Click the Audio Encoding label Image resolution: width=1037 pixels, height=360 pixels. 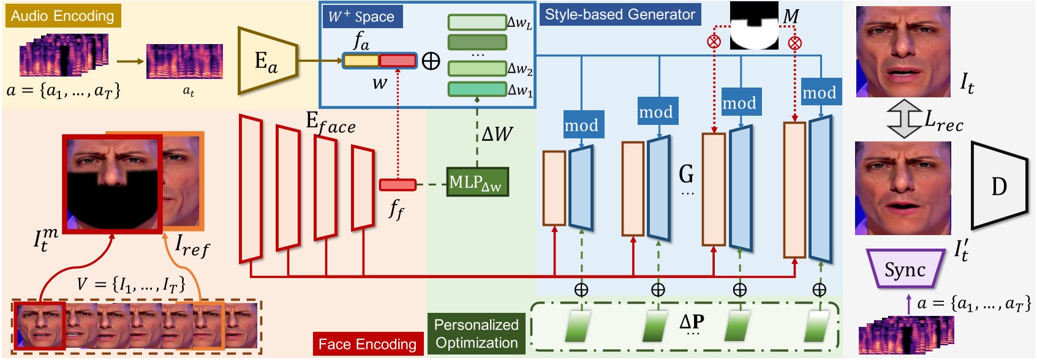62,16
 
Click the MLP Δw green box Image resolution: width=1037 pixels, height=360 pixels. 477,182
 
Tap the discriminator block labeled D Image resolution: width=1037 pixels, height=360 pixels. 998,186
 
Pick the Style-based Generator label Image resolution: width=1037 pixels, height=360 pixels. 620,15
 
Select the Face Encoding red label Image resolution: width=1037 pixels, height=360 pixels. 368,344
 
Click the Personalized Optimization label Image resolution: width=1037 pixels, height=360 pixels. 476,334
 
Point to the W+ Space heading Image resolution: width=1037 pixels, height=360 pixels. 361,17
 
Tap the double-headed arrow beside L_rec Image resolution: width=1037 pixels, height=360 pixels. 904,120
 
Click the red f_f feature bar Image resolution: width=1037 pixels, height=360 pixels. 398,184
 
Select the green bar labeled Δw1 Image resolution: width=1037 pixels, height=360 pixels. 477,89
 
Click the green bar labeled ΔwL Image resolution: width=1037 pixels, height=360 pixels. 477,23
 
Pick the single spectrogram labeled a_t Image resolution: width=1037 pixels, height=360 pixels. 184,61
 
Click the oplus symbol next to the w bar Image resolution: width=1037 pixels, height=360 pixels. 431,61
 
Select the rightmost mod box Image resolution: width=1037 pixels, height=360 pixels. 820,92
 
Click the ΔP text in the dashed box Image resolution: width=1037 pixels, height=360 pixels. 692,321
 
